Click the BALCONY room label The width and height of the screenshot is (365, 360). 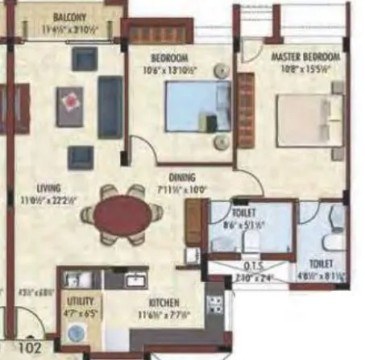pos(70,16)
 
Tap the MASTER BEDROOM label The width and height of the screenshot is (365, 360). pos(305,58)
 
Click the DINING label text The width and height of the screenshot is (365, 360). pos(183,179)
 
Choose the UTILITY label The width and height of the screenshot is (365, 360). pos(79,298)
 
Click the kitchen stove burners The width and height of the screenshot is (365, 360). pos(215,304)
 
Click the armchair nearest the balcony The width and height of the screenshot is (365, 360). pos(84,58)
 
